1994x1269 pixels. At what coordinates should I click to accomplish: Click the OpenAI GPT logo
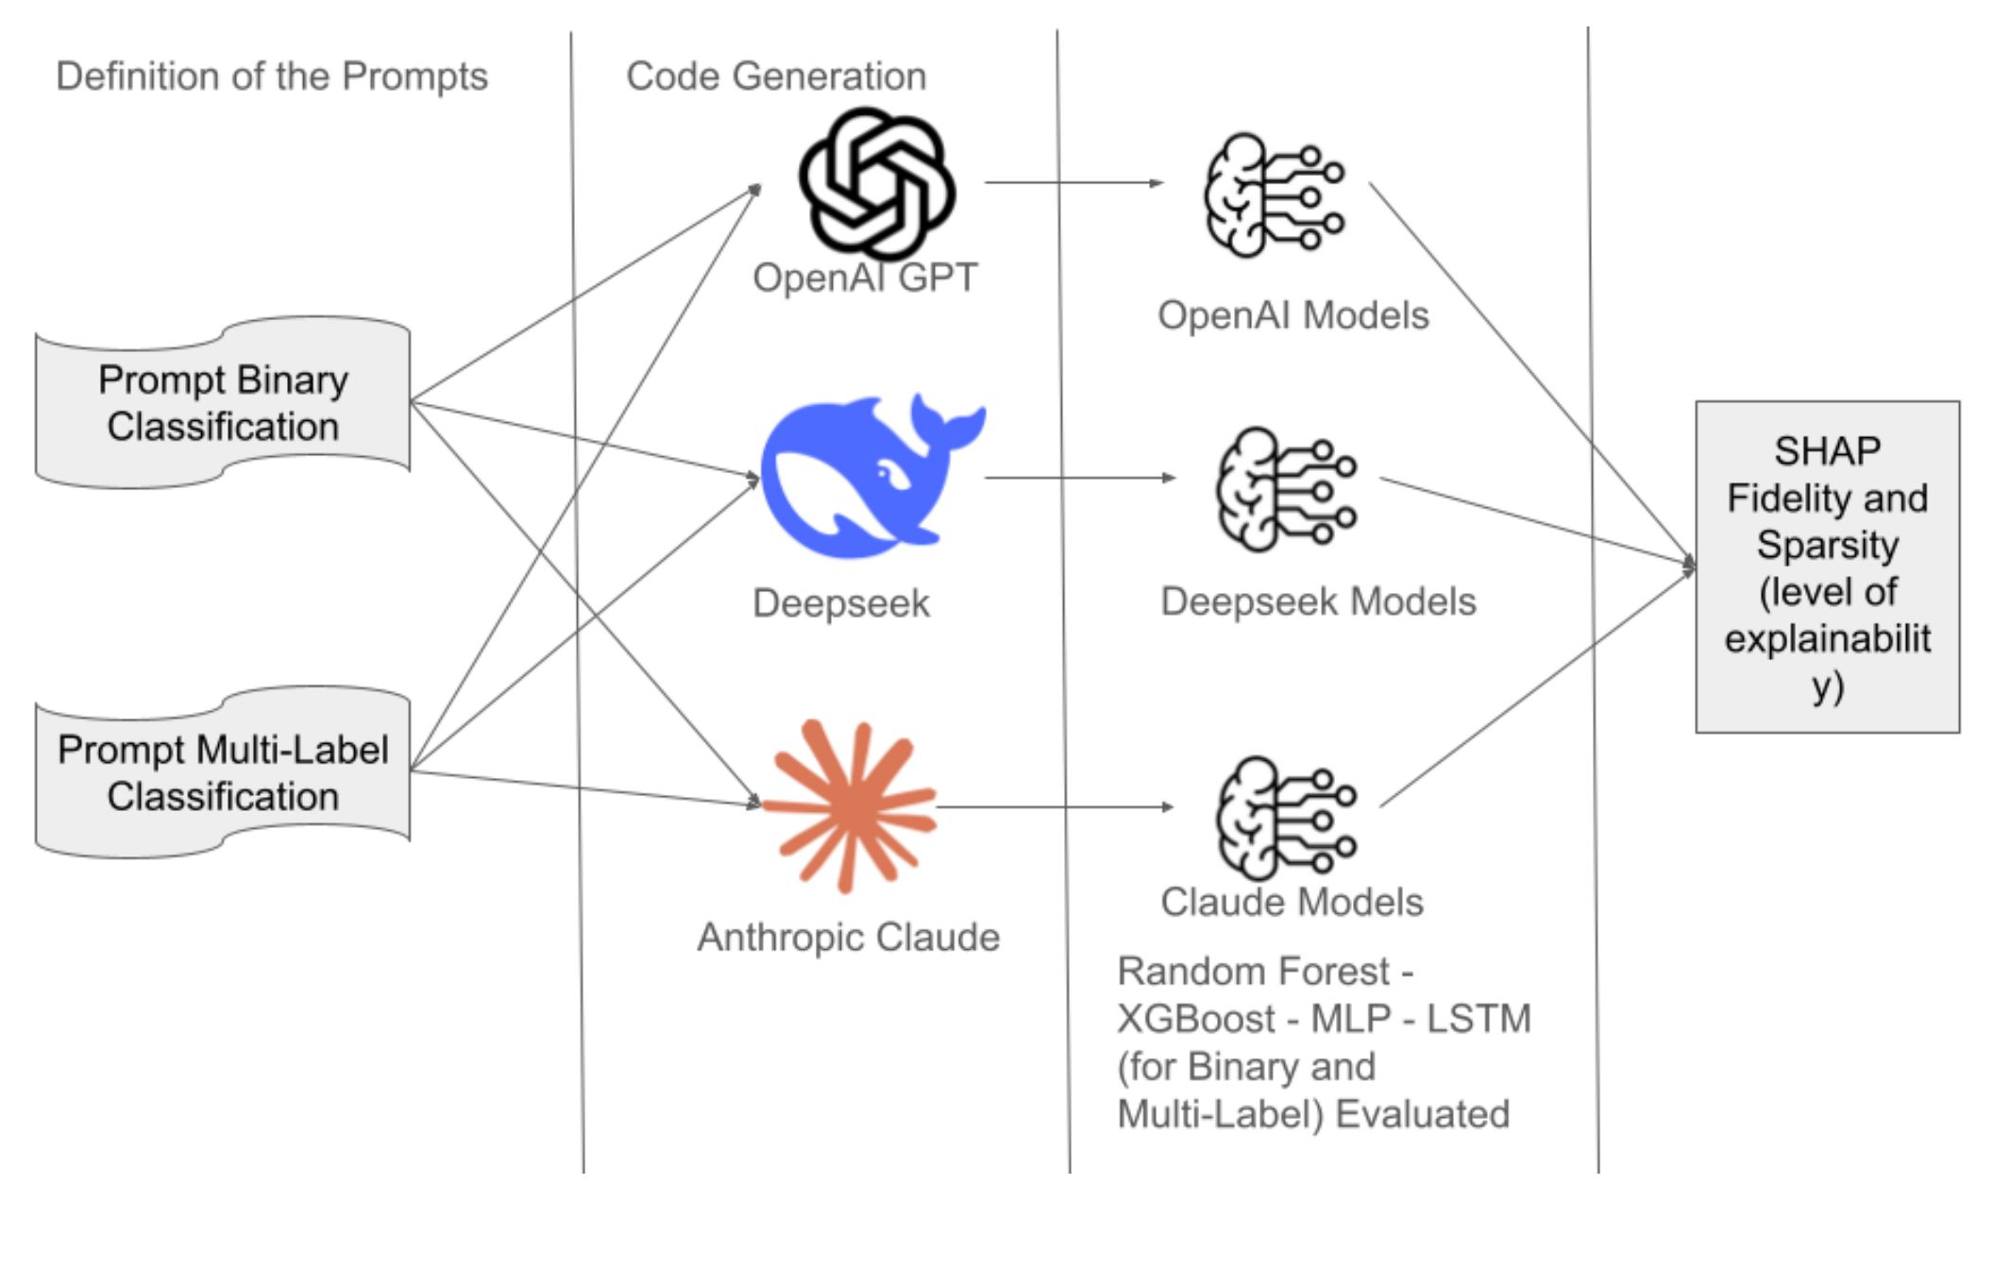(x=877, y=182)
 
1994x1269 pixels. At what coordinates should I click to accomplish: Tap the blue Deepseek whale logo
(x=872, y=476)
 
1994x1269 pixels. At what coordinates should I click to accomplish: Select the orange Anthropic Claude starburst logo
(x=850, y=805)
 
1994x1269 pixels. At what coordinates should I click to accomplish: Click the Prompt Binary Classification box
(x=223, y=403)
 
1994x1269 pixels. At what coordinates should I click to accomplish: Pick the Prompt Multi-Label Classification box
(x=223, y=772)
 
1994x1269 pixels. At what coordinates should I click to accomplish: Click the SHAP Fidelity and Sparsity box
(x=1828, y=567)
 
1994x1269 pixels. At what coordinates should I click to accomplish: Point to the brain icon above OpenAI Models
(x=1274, y=195)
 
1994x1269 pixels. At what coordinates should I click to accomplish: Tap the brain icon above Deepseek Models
(x=1286, y=489)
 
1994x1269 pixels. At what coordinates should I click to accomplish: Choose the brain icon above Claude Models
(x=1286, y=818)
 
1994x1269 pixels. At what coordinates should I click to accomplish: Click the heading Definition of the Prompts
(x=272, y=76)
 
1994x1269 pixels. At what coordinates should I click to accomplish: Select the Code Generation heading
(x=776, y=76)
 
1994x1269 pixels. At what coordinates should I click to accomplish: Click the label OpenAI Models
(x=1293, y=315)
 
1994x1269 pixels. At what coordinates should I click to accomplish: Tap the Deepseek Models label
(x=1318, y=601)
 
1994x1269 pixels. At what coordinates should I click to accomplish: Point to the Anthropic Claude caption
(x=849, y=938)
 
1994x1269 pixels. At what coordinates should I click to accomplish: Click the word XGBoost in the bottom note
(x=1196, y=1019)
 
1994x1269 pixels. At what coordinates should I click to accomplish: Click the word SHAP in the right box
(x=1827, y=451)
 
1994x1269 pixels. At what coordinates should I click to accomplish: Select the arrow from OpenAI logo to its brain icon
(x=1074, y=182)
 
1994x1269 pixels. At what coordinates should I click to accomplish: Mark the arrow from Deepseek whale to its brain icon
(x=1080, y=478)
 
